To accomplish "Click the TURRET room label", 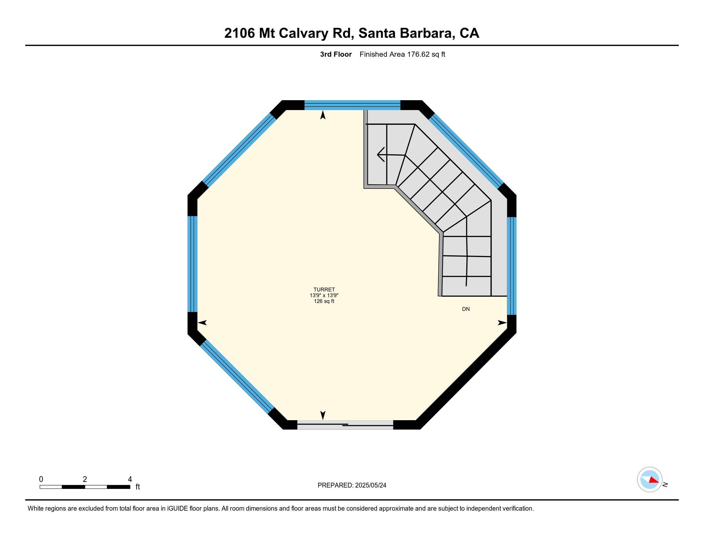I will pos(324,289).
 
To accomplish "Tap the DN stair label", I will pos(466,309).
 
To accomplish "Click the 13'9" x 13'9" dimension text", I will pos(324,295).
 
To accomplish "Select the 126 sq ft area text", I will pos(324,301).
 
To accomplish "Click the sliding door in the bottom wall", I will pos(345,425).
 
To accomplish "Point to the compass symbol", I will pos(650,480).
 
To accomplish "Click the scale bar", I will pos(85,487).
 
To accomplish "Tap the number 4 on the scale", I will pos(130,479).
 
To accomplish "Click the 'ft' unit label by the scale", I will pos(138,487).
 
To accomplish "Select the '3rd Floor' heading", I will pos(336,54).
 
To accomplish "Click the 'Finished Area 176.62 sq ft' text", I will pos(402,54).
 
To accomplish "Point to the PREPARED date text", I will pos(352,485).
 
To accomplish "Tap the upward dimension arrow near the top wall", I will pos(323,115).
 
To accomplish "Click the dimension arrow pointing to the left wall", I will pos(202,323).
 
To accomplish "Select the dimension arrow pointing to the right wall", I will pos(502,323).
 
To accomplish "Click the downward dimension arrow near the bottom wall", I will pos(323,415).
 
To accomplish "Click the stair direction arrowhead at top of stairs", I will pos(380,155).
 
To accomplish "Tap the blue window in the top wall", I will pos(352,105).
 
